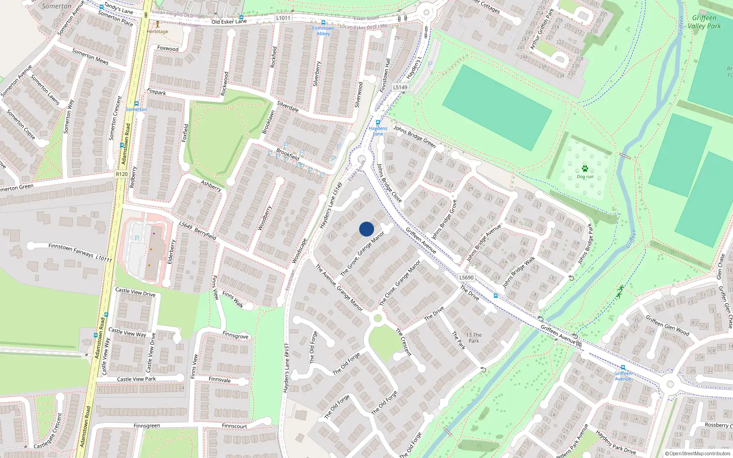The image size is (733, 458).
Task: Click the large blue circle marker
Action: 366,229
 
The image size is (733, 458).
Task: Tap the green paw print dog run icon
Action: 585,169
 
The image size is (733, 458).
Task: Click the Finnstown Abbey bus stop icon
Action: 323,22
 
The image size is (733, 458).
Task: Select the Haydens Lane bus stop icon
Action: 378,123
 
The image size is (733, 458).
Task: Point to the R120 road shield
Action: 122,174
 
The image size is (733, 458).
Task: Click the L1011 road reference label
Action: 283,18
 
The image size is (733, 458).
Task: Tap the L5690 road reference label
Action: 466,278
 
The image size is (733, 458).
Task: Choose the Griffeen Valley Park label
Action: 704,22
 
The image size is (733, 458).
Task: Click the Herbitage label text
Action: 158,32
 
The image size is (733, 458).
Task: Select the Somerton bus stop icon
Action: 136,104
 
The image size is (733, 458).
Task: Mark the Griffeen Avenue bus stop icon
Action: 623,368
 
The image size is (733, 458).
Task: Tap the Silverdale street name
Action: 288,106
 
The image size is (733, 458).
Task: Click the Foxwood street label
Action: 168,49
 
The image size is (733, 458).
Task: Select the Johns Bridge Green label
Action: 415,136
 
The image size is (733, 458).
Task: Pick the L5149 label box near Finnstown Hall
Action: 400,87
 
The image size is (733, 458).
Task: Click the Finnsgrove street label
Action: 235,335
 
